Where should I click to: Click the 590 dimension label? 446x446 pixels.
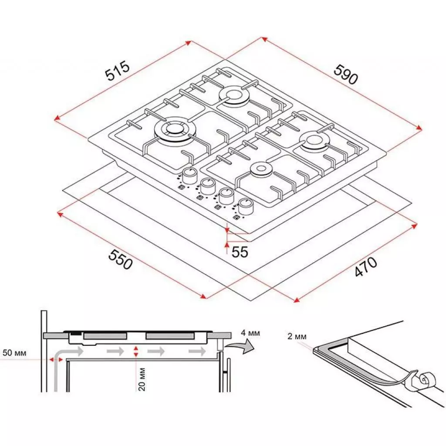pyautogui.click(x=346, y=74)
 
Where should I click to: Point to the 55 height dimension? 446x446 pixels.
pyautogui.click(x=239, y=252)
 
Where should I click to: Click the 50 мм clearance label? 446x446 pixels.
pyautogui.click(x=14, y=352)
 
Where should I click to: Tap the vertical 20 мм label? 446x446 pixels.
pyautogui.click(x=142, y=379)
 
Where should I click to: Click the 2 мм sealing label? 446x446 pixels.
pyautogui.click(x=297, y=336)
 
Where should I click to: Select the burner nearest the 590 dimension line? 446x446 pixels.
pyautogui.click(x=314, y=141)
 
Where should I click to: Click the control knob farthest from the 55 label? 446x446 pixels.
pyautogui.click(x=189, y=176)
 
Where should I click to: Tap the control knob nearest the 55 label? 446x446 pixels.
pyautogui.click(x=246, y=206)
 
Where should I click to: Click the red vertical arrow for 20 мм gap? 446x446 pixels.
pyautogui.click(x=137, y=352)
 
